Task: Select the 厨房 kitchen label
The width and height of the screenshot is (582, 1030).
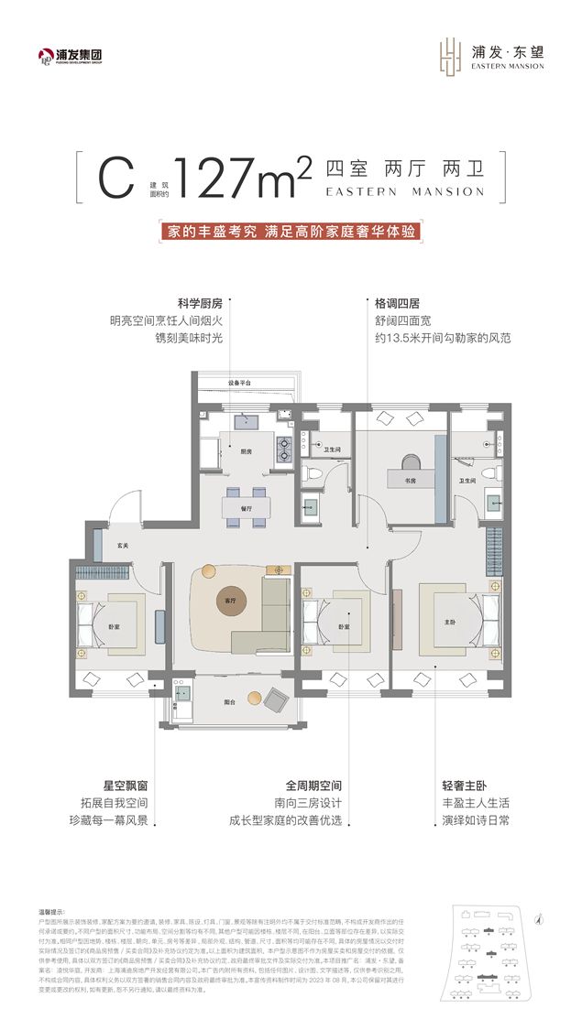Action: click(x=247, y=450)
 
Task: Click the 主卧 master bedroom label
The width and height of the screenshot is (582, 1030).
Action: click(x=450, y=622)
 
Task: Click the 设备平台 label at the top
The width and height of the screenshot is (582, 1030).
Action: click(x=240, y=382)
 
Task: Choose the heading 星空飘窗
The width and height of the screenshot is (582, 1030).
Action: click(x=124, y=786)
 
